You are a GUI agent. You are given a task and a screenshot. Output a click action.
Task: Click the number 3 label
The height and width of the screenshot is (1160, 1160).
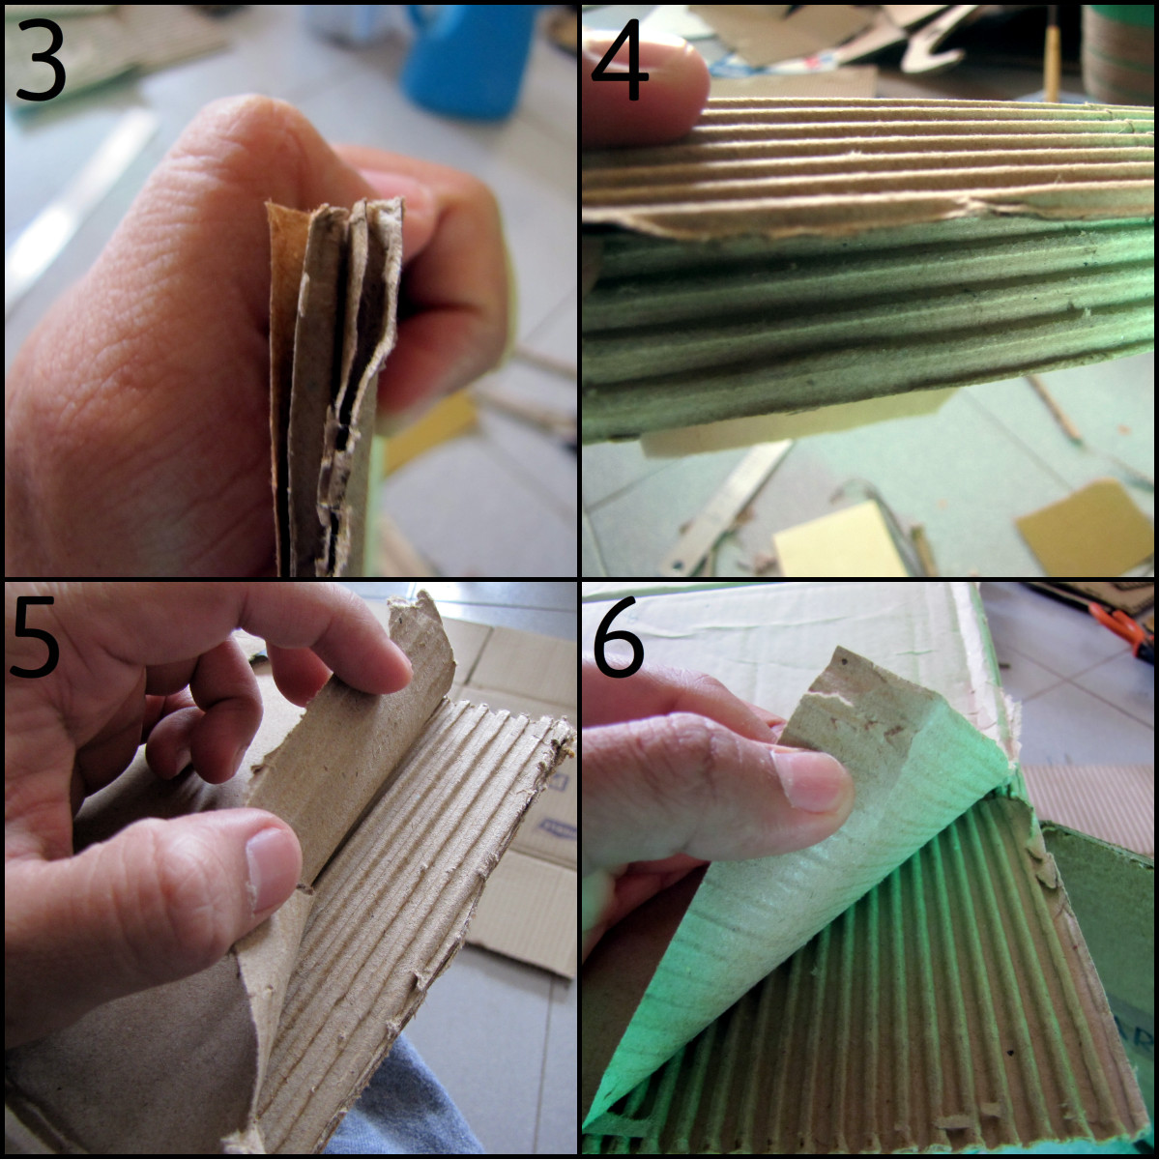click(x=41, y=60)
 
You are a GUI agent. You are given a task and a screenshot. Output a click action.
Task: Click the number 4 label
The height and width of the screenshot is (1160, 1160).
click(x=620, y=60)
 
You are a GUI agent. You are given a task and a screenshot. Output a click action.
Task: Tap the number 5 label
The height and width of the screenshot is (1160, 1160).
click(x=35, y=640)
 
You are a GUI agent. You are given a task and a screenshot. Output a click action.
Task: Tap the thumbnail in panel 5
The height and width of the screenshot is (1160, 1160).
click(x=272, y=866)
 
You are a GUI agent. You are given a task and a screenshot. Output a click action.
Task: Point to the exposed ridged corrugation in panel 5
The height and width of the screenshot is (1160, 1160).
click(x=416, y=870)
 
